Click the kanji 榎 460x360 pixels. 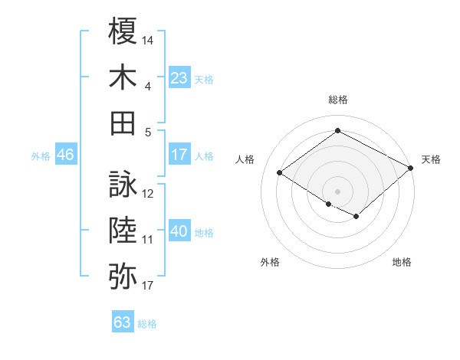pos(123,32)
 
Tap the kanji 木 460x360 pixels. pos(123,78)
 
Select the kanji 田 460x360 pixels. pos(123,123)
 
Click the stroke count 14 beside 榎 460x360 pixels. pos(149,39)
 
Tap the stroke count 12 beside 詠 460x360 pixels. pos(149,193)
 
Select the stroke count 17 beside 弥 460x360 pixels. pos(149,285)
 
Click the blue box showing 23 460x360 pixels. pos(179,77)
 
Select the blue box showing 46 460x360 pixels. pos(65,155)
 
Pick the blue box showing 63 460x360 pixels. pos(122,322)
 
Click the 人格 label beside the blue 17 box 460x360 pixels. pos(204,155)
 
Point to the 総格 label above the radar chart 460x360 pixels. pos(337,100)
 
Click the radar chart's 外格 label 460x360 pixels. pos(270,262)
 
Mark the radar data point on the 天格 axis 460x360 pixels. pos(411,168)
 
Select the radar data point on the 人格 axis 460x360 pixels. pos(280,173)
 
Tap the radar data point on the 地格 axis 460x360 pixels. pos(356,218)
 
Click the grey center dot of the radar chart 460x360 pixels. pos(337,190)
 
